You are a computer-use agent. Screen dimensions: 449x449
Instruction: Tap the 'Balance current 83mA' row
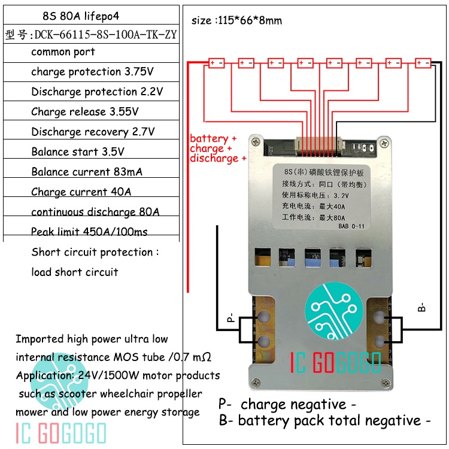coord(87,172)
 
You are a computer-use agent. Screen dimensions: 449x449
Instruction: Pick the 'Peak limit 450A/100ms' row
coord(89,232)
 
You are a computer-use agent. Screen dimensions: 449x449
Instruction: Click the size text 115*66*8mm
coord(236,20)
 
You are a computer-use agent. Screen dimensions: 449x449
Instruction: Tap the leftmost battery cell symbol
coord(216,62)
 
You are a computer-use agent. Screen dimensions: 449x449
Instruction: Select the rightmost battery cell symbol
coord(423,62)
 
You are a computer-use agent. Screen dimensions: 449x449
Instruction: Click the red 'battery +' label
coord(213,139)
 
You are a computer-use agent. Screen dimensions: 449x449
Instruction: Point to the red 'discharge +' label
coord(218,159)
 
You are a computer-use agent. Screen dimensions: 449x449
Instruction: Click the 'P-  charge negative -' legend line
coord(287,404)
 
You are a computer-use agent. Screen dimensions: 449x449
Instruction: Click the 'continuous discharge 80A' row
coord(95,212)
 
